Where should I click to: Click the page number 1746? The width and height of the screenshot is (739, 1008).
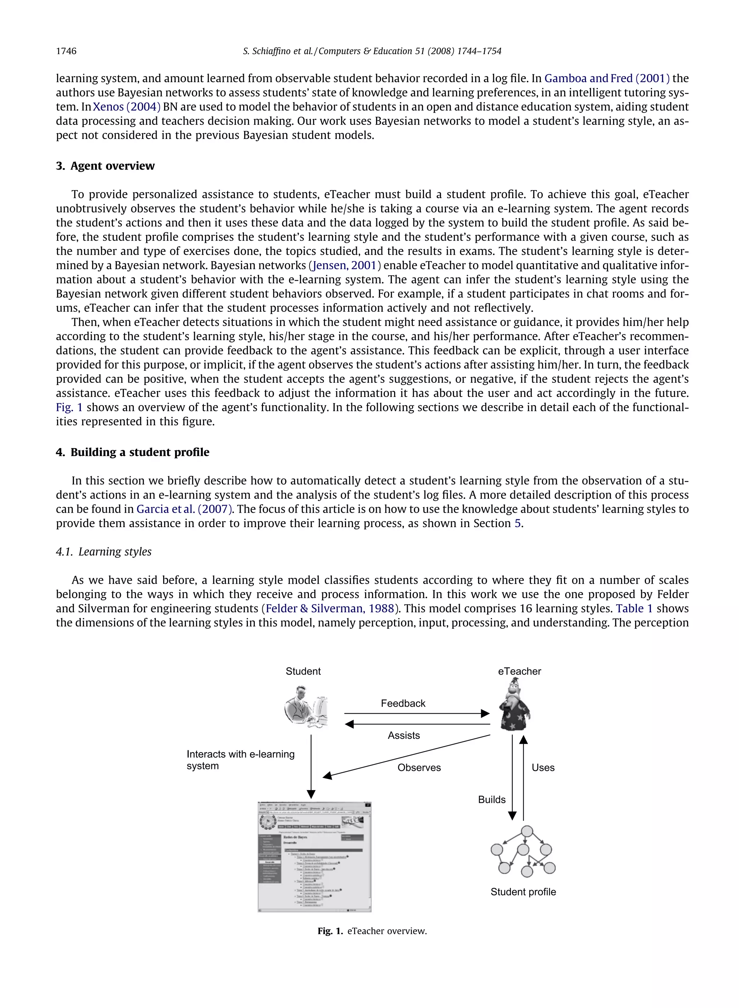click(66, 51)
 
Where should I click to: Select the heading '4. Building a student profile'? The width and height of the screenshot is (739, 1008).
click(132, 452)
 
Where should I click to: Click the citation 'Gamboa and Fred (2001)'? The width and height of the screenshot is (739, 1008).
click(607, 79)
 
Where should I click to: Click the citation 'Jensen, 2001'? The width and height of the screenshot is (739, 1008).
click(345, 266)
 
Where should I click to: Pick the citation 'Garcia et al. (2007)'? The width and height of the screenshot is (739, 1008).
click(184, 509)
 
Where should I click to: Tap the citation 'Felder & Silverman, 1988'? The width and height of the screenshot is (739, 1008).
click(330, 609)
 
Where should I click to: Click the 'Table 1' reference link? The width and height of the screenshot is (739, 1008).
click(634, 609)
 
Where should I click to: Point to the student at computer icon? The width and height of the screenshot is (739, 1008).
click(307, 707)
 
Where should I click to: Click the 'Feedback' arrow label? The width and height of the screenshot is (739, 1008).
click(403, 704)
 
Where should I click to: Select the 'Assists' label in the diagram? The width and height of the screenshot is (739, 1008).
click(403, 736)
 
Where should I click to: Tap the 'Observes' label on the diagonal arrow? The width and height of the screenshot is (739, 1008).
click(419, 768)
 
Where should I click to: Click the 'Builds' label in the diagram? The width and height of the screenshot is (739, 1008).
click(491, 799)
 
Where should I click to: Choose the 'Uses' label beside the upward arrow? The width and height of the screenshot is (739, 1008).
click(543, 768)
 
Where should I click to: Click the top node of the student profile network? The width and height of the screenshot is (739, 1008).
click(527, 831)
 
